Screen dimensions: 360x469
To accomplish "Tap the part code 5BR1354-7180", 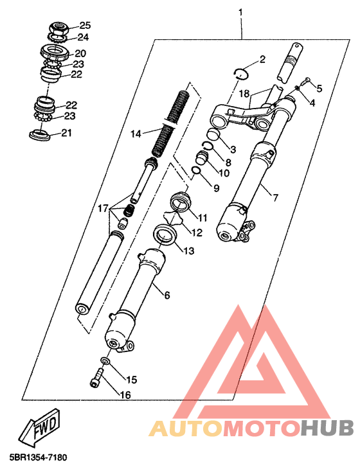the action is [38, 457].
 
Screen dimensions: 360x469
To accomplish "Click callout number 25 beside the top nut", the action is [85, 26].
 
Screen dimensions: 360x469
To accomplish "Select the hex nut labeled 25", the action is [59, 29].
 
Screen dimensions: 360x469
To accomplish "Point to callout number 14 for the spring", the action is [136, 134].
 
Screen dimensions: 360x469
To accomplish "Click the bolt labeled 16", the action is [97, 378].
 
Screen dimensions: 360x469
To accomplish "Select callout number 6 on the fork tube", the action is [167, 296].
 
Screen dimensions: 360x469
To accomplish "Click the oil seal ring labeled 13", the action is [165, 234].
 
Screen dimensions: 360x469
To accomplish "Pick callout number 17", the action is [103, 208].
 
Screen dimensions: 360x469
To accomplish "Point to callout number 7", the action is [275, 197].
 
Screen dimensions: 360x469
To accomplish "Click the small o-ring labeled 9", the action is [196, 170].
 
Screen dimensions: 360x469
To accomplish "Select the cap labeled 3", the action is [213, 134].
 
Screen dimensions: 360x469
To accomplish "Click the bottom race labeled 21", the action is [40, 135].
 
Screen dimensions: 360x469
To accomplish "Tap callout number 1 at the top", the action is [240, 13].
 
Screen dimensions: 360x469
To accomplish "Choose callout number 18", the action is [244, 94].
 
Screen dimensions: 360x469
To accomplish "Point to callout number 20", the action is [80, 53].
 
